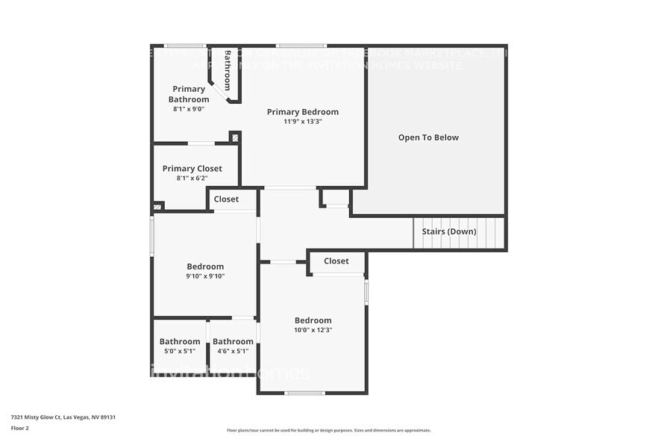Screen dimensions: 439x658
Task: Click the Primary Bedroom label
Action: (303, 112)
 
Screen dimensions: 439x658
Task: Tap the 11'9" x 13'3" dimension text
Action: (303, 122)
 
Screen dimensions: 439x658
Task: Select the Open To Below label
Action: (428, 137)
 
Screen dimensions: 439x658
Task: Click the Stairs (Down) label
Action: (449, 231)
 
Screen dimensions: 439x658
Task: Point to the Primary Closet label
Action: (192, 169)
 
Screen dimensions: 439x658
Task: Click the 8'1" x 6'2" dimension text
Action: (192, 178)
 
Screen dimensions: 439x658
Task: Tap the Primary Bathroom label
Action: (189, 94)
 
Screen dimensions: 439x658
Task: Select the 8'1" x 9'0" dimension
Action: (189, 109)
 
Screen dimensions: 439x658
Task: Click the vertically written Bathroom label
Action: (228, 70)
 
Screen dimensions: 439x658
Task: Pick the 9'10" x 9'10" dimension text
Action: (205, 276)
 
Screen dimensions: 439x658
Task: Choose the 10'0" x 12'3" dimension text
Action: (313, 330)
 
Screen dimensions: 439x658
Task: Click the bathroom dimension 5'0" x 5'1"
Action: (180, 351)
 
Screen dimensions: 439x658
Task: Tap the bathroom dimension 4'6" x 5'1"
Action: (233, 351)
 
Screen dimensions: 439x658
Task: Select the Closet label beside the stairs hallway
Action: (336, 261)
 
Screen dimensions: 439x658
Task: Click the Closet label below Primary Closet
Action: (227, 199)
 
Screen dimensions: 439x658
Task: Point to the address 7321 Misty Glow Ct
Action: (63, 417)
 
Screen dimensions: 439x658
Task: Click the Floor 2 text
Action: (20, 428)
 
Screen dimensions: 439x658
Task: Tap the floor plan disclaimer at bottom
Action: (328, 430)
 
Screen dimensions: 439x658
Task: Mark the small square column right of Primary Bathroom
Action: (235, 137)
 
